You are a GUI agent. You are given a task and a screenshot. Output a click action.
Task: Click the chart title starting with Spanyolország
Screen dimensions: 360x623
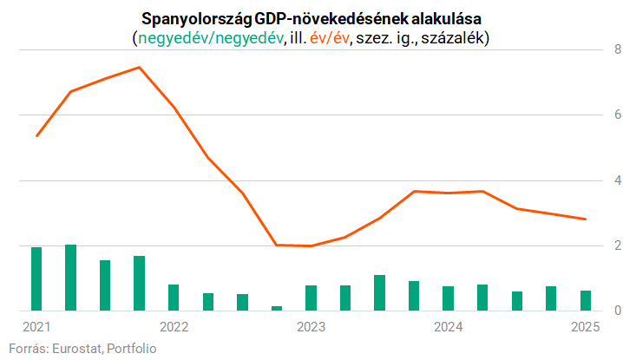pyautogui.click(x=311, y=19)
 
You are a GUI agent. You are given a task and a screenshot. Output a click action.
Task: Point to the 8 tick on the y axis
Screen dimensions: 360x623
pyautogui.click(x=614, y=50)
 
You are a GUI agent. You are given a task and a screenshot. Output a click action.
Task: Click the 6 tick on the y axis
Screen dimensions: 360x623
pyautogui.click(x=614, y=115)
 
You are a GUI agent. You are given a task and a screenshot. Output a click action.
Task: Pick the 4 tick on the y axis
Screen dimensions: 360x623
pyautogui.click(x=614, y=181)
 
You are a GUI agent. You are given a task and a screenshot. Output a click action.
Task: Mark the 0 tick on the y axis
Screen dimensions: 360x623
pyautogui.click(x=614, y=311)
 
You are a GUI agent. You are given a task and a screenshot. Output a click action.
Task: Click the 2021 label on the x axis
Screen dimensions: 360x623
pyautogui.click(x=36, y=327)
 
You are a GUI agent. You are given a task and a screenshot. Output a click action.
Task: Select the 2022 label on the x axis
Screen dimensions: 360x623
pyautogui.click(x=174, y=327)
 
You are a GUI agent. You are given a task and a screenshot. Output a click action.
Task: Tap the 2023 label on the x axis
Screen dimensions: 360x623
pyautogui.click(x=311, y=327)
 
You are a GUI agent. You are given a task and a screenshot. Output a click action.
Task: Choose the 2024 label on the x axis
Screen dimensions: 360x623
pyautogui.click(x=448, y=327)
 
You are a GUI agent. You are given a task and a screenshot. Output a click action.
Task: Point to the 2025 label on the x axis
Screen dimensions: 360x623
pyautogui.click(x=585, y=327)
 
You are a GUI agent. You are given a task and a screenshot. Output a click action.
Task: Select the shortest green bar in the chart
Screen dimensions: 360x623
pyautogui.click(x=277, y=308)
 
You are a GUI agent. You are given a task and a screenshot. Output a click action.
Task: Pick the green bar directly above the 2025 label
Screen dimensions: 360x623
pyautogui.click(x=585, y=300)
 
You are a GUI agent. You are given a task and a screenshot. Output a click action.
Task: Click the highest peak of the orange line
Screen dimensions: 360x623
pyautogui.click(x=140, y=67)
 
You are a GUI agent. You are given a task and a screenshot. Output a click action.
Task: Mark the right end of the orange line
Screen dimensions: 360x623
pyautogui.click(x=586, y=219)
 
